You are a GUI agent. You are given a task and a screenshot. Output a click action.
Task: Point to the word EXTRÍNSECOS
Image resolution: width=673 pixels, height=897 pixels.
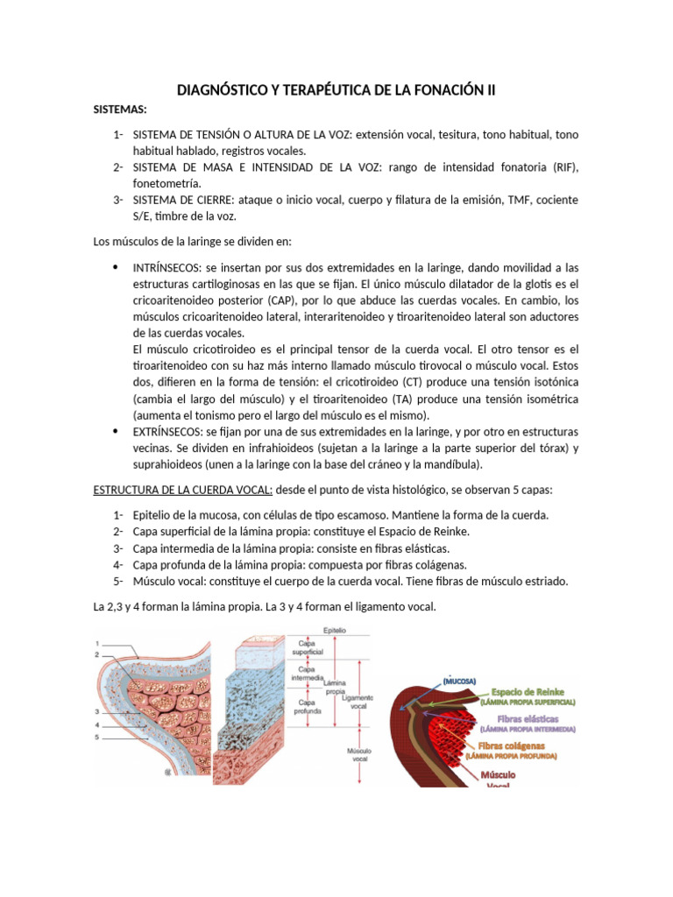[x=166, y=432]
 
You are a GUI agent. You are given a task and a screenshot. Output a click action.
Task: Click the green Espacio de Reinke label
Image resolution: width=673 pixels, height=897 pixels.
[x=528, y=691]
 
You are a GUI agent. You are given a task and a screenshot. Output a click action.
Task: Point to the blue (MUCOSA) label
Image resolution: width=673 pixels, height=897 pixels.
[x=459, y=681]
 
